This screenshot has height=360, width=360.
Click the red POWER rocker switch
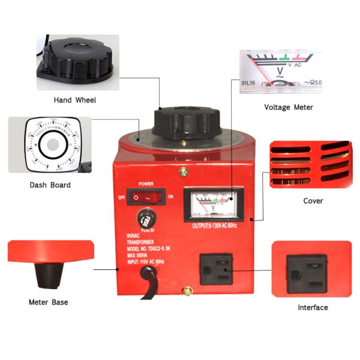tap(148, 196)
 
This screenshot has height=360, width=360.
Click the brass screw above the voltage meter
tap(181, 172)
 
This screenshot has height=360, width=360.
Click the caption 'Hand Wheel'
tap(75, 100)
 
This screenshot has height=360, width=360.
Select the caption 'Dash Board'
tap(50, 185)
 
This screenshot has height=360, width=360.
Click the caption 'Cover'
tap(313, 200)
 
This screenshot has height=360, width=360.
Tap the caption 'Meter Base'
tap(48, 302)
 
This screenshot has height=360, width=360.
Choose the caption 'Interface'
tap(313, 307)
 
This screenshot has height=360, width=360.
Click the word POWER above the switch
tap(148, 183)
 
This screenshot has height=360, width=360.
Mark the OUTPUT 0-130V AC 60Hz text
tap(214, 225)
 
